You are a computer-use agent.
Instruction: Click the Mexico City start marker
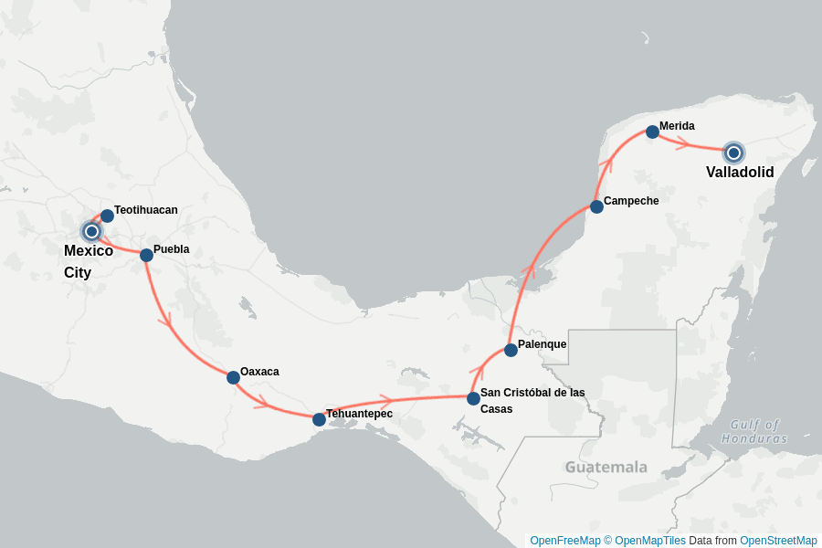click(x=91, y=231)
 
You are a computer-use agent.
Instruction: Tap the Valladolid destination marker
click(x=733, y=153)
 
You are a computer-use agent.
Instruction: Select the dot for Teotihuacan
click(x=107, y=216)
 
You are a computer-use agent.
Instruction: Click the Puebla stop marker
click(x=146, y=255)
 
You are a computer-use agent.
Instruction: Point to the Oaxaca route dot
click(x=233, y=377)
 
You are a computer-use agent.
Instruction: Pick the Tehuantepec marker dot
click(x=319, y=419)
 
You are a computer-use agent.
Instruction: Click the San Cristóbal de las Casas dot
click(x=473, y=398)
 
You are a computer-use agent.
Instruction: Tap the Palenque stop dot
click(x=511, y=350)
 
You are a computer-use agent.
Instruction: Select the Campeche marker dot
click(x=596, y=206)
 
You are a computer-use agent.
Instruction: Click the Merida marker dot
click(x=652, y=132)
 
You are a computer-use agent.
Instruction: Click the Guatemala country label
click(x=606, y=468)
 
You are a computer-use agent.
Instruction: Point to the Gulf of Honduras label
click(x=753, y=431)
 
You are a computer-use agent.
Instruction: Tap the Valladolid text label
click(x=740, y=173)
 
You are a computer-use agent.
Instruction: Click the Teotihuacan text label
click(x=146, y=210)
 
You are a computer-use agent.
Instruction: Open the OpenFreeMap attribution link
click(x=564, y=541)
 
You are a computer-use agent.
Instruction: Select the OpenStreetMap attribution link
click(x=778, y=541)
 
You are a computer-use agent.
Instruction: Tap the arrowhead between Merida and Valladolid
click(x=681, y=142)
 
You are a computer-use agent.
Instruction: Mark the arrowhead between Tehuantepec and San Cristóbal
click(x=385, y=401)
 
